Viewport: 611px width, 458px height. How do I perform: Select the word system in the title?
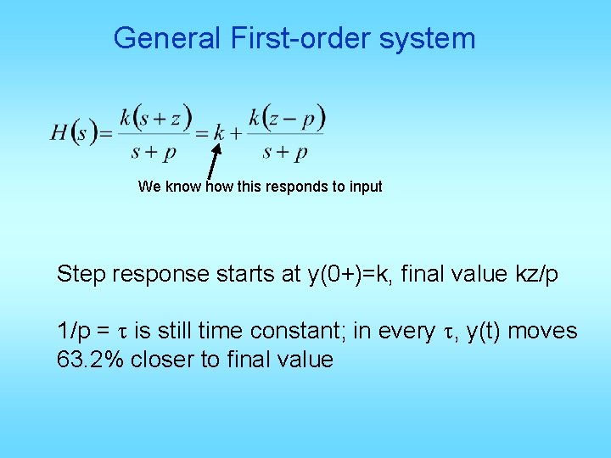click(433, 38)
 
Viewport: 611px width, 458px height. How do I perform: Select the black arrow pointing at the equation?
click(213, 165)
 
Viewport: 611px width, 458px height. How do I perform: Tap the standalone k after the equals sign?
click(219, 133)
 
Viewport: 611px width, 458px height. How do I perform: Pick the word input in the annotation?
click(365, 187)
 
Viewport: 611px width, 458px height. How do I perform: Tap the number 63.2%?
click(89, 360)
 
